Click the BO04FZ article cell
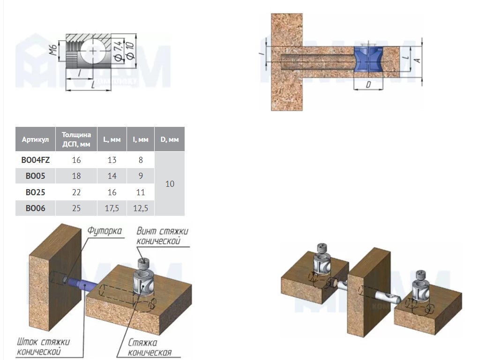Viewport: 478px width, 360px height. click(x=35, y=160)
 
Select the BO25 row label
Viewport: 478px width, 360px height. click(x=35, y=192)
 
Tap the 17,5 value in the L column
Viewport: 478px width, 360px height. click(x=112, y=208)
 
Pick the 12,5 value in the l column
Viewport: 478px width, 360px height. click(x=141, y=208)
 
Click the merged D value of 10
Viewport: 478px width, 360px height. click(x=170, y=184)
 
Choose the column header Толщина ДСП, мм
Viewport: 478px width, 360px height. click(x=76, y=139)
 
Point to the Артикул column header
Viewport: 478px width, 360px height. click(x=35, y=140)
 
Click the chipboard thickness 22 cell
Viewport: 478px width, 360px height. click(x=76, y=192)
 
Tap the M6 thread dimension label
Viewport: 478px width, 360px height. click(x=53, y=50)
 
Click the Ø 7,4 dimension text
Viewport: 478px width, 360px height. click(x=119, y=51)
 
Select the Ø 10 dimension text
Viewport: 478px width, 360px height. click(x=130, y=51)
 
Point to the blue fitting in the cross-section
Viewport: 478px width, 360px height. click(x=368, y=59)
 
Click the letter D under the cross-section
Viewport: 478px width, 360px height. click(x=368, y=84)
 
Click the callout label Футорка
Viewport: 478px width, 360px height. click(x=104, y=231)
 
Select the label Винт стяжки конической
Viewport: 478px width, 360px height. click(x=162, y=236)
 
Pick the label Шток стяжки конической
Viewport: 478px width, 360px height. click(x=43, y=346)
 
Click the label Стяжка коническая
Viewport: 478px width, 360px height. click(x=149, y=347)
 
